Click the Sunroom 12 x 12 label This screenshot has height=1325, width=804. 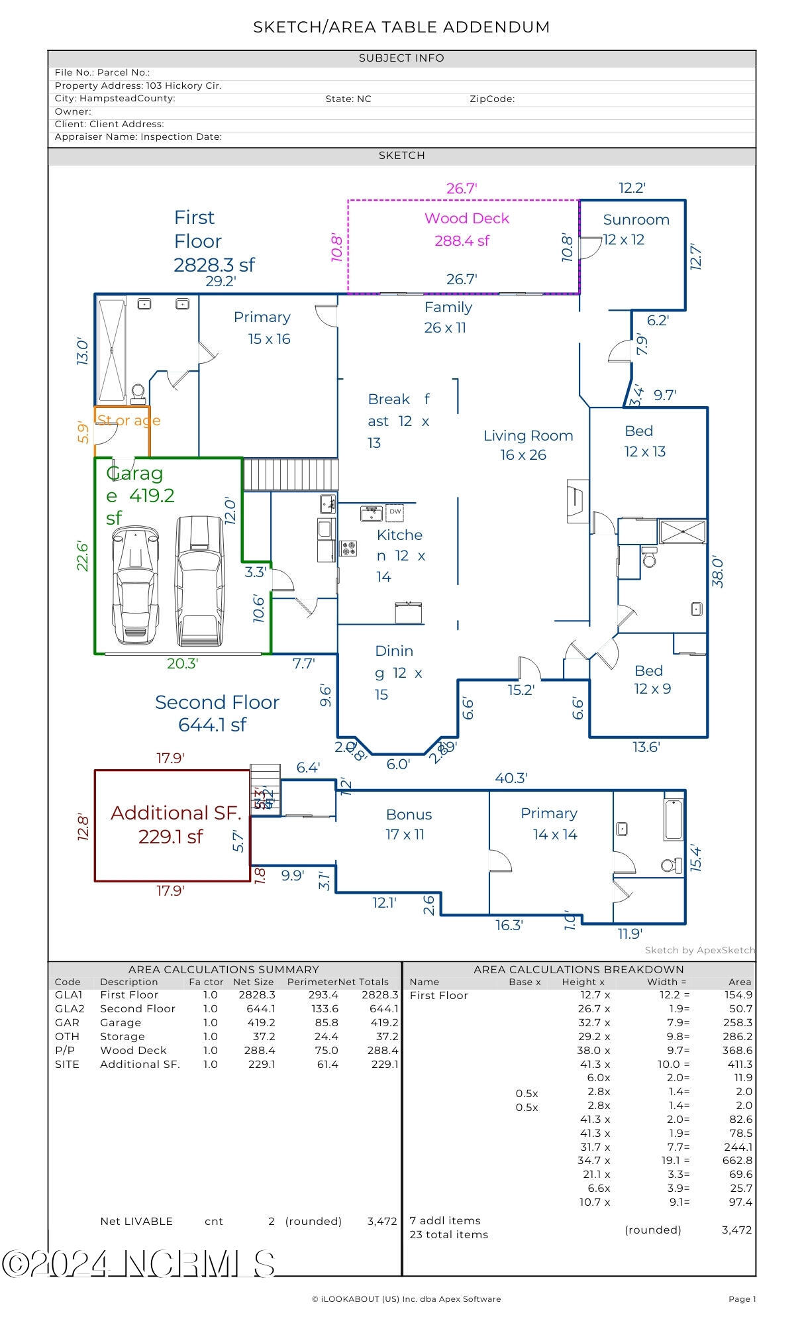pyautogui.click(x=634, y=229)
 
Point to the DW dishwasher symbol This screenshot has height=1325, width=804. pyautogui.click(x=395, y=511)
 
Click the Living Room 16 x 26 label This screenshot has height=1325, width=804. pyautogui.click(x=527, y=445)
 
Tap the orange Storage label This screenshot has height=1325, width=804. pyautogui.click(x=128, y=420)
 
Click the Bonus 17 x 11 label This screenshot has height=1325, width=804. pyautogui.click(x=408, y=824)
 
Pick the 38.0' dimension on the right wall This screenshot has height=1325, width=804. pyautogui.click(x=718, y=571)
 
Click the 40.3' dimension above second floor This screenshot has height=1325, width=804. pyautogui.click(x=511, y=778)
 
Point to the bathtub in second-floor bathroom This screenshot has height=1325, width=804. pyautogui.click(x=673, y=820)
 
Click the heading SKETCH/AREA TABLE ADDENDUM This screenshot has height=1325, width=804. pyautogui.click(x=401, y=27)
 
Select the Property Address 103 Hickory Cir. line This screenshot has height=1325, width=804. pyautogui.click(x=138, y=85)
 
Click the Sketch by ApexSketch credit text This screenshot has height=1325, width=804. pyautogui.click(x=699, y=950)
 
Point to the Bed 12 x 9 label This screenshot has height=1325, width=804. pyautogui.click(x=652, y=680)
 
